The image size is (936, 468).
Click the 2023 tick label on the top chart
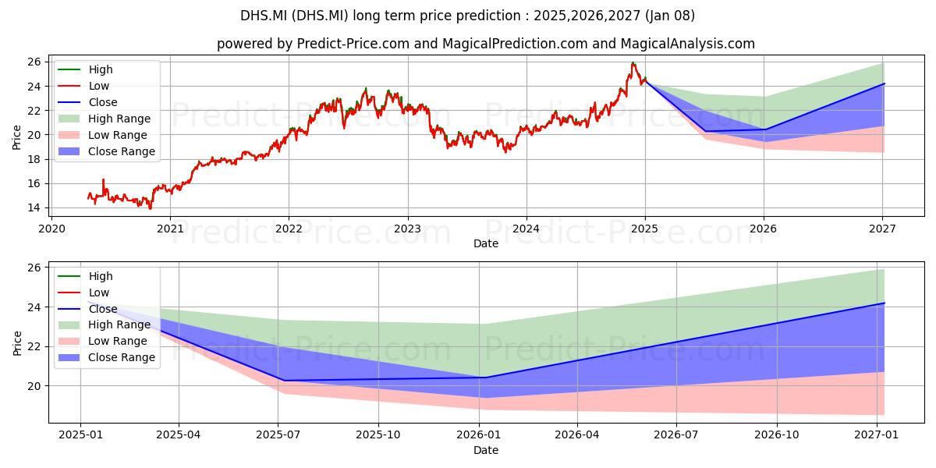[407, 229]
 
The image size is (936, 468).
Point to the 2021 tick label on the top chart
[170, 229]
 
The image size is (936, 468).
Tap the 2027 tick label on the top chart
[882, 229]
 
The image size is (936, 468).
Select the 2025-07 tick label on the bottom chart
[278, 435]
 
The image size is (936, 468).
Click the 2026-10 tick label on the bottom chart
[777, 435]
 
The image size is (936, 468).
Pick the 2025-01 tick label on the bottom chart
[80, 435]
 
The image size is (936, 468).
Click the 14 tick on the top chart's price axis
[34, 207]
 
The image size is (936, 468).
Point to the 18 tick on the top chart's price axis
[34, 159]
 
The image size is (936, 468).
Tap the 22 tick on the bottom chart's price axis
[34, 347]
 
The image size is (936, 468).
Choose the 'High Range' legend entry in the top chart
[104, 119]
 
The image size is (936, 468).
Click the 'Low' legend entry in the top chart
[83, 86]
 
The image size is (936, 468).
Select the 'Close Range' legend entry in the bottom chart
[107, 358]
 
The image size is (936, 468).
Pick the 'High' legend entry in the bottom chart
[85, 276]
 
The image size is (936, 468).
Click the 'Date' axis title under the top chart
[486, 243]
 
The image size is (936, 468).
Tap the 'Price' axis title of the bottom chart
[17, 343]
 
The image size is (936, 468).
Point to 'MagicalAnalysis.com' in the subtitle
[688, 44]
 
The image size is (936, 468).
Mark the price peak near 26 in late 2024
[633, 63]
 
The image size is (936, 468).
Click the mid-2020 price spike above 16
[103, 180]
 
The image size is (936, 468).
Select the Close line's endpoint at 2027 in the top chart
[885, 83]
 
